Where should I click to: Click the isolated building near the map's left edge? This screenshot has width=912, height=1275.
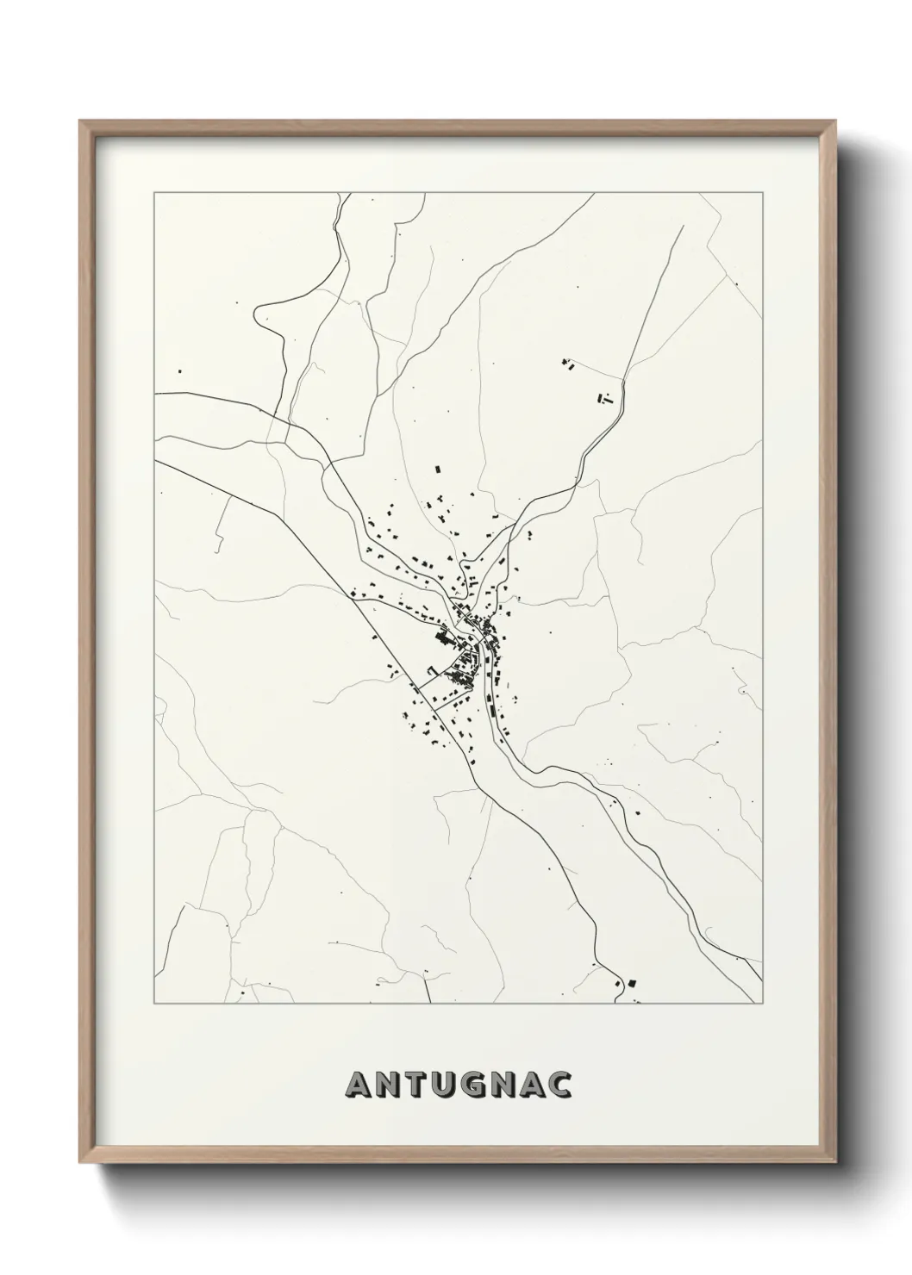(x=179, y=371)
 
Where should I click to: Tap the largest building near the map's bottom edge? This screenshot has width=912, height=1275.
(x=631, y=983)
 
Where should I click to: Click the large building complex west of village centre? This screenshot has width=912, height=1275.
(x=446, y=638)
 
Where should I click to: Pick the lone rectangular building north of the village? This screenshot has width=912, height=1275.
(x=436, y=469)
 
